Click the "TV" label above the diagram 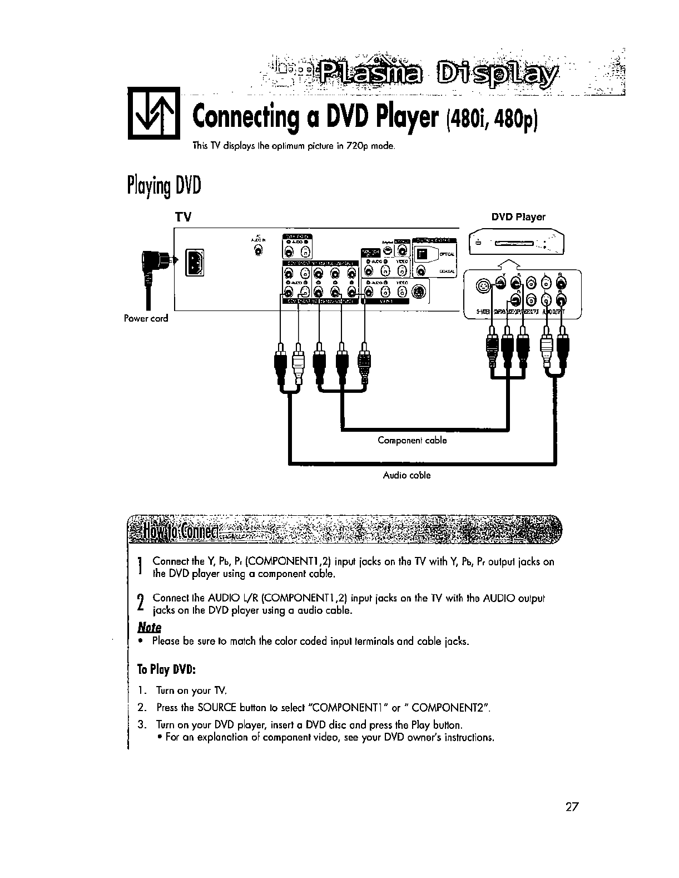click(183, 218)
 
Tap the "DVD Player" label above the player click(518, 217)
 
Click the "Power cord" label click(146, 319)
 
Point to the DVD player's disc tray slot click(515, 243)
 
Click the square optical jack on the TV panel click(424, 254)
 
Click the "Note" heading click(149, 627)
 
